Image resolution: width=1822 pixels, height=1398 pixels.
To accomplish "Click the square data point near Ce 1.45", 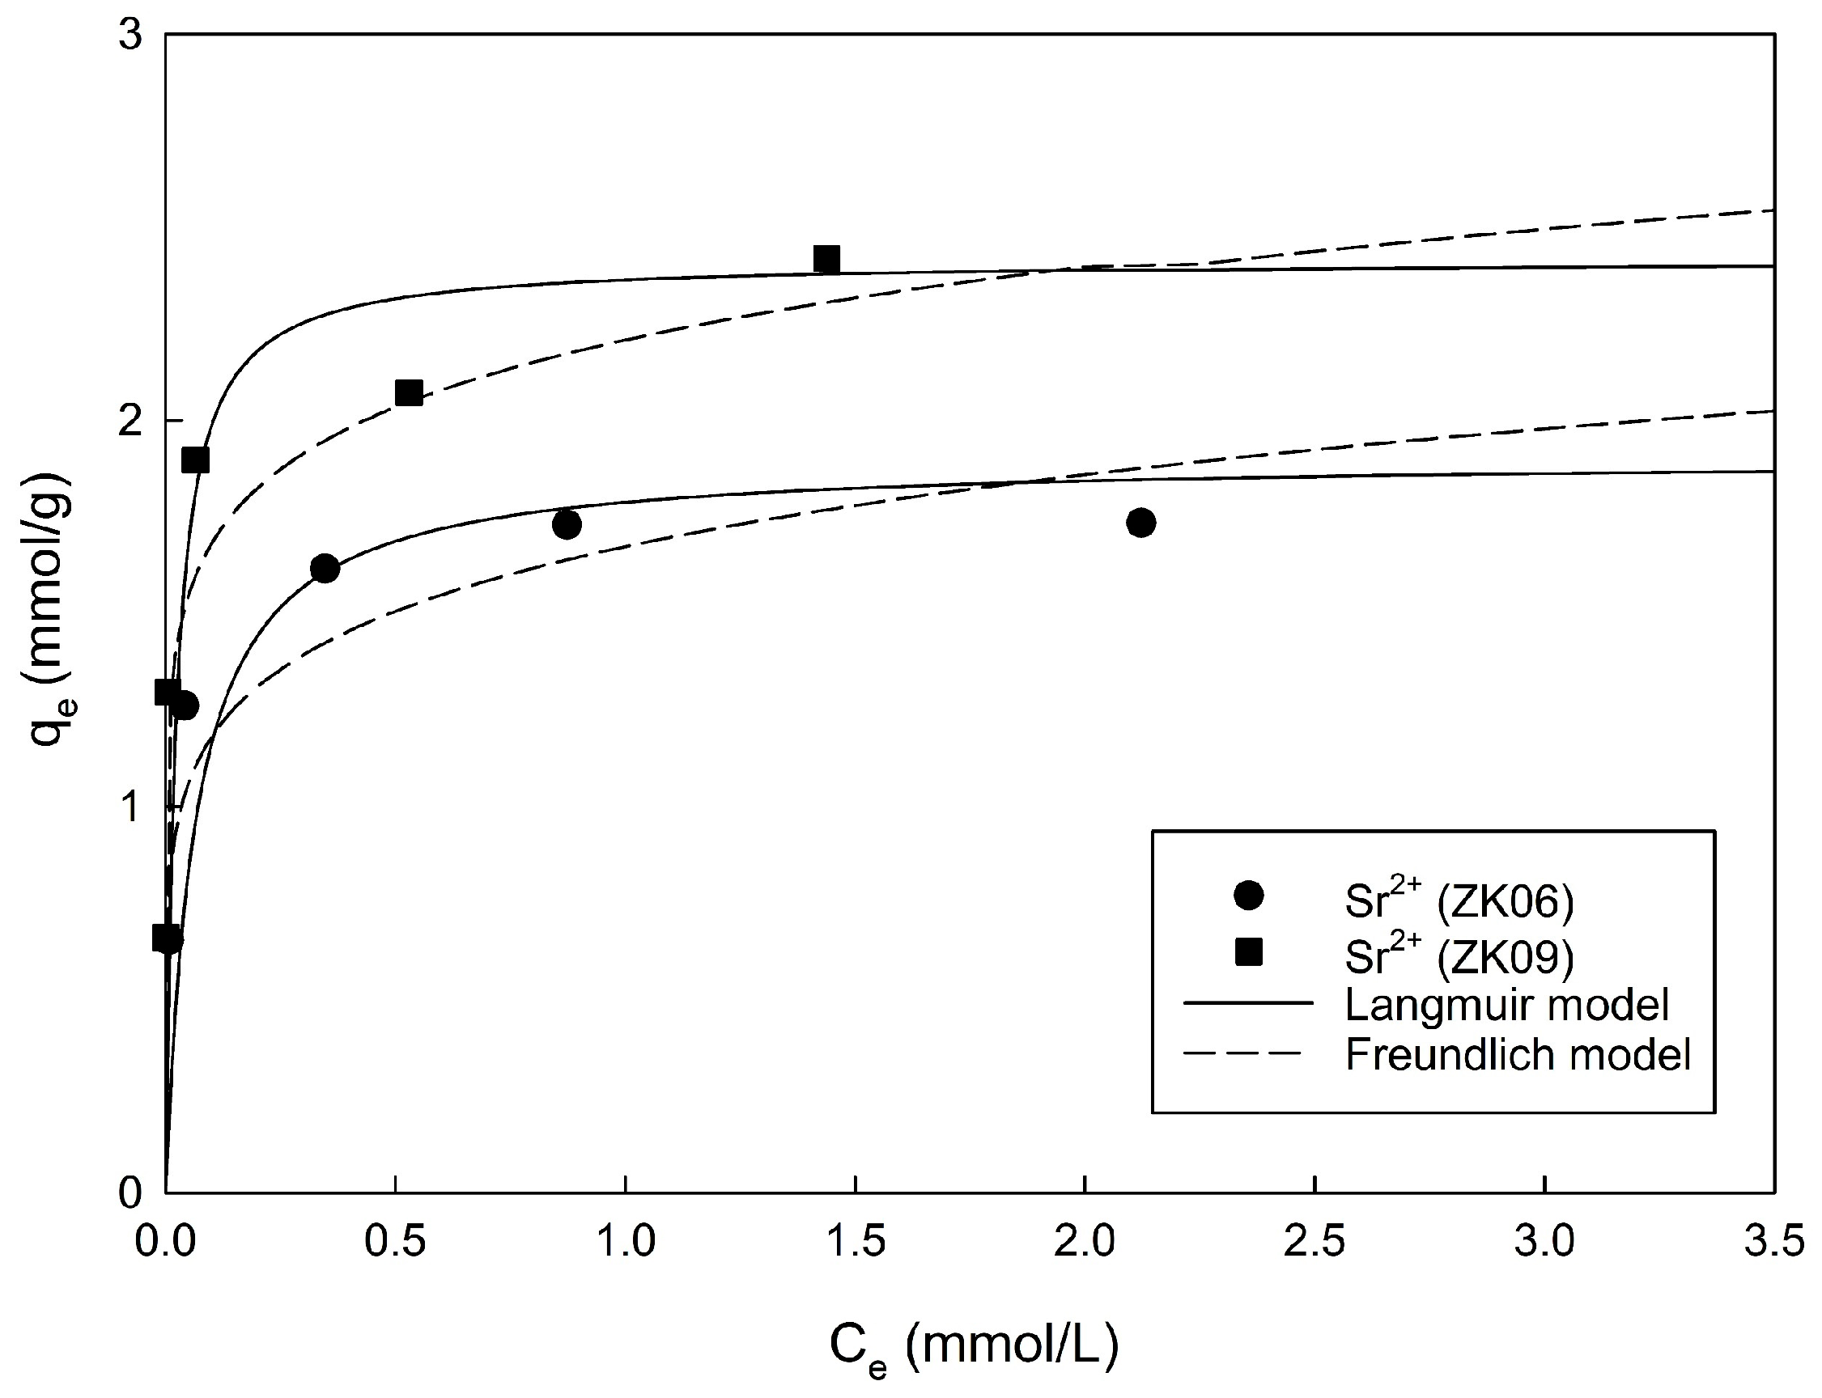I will (x=826, y=260).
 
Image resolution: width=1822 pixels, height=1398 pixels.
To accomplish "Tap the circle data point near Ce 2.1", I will (x=1141, y=523).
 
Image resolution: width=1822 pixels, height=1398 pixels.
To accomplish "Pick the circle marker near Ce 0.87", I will (x=567, y=524).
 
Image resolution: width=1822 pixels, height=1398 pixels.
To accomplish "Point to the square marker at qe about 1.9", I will (x=196, y=460).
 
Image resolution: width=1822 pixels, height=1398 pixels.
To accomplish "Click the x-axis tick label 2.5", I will (x=1314, y=1243).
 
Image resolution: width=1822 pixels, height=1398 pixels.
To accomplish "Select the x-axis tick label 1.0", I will (x=625, y=1243).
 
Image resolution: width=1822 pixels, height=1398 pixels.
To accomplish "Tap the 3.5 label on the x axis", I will (x=1773, y=1243).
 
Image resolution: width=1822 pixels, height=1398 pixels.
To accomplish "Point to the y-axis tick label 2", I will (x=130, y=422).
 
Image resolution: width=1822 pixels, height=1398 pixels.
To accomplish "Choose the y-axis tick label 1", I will (x=130, y=807).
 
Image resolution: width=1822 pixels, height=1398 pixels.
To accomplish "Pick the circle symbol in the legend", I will (x=1248, y=896).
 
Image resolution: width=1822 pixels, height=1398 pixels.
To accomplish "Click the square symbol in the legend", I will (x=1248, y=952).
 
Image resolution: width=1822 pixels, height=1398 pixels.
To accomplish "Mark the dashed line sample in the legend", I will (x=1242, y=1054).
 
